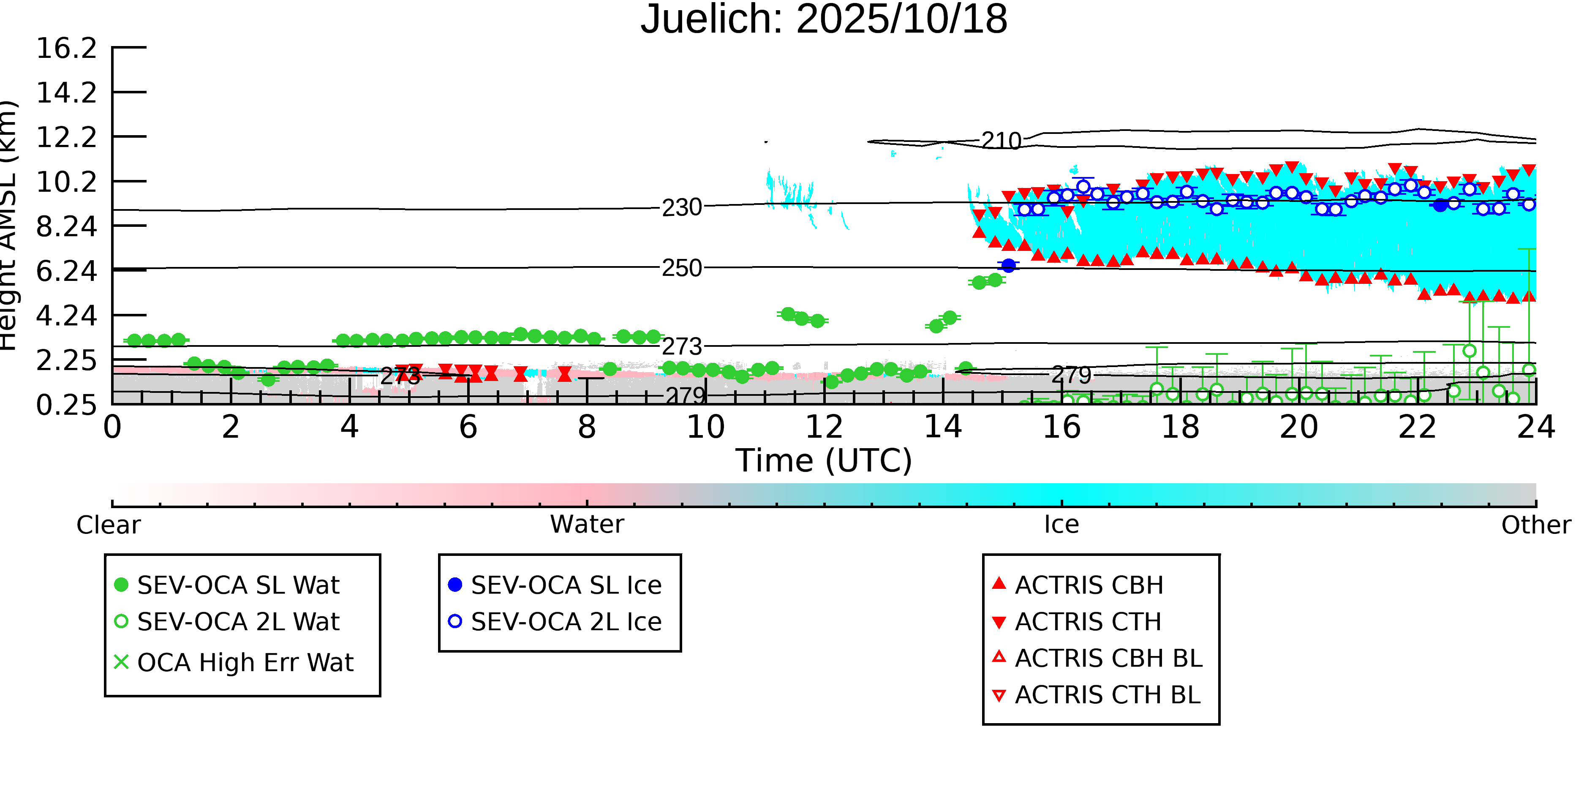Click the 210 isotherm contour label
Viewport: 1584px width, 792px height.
click(1001, 141)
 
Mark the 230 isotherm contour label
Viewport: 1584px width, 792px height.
click(681, 208)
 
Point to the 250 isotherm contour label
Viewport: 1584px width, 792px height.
click(681, 268)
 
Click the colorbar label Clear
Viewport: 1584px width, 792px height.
click(108, 525)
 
